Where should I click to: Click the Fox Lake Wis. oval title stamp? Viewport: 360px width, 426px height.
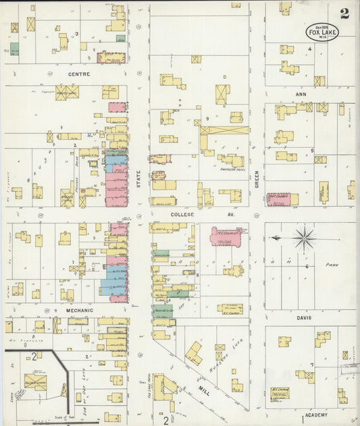coord(323,31)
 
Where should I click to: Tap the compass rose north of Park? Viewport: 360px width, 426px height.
coord(305,238)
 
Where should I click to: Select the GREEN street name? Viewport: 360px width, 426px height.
coord(257,179)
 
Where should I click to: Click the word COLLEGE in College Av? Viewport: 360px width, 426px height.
coord(182,215)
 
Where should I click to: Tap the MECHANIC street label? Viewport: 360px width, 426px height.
coord(80,311)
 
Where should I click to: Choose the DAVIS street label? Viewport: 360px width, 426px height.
coord(304,317)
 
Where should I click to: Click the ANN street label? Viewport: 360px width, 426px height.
coord(301,95)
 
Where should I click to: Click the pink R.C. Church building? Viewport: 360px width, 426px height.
coord(226,236)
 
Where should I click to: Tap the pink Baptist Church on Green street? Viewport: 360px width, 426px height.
coord(282,199)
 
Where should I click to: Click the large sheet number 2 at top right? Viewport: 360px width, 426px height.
coord(345,14)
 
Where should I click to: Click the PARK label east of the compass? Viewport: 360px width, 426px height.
coord(330,265)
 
